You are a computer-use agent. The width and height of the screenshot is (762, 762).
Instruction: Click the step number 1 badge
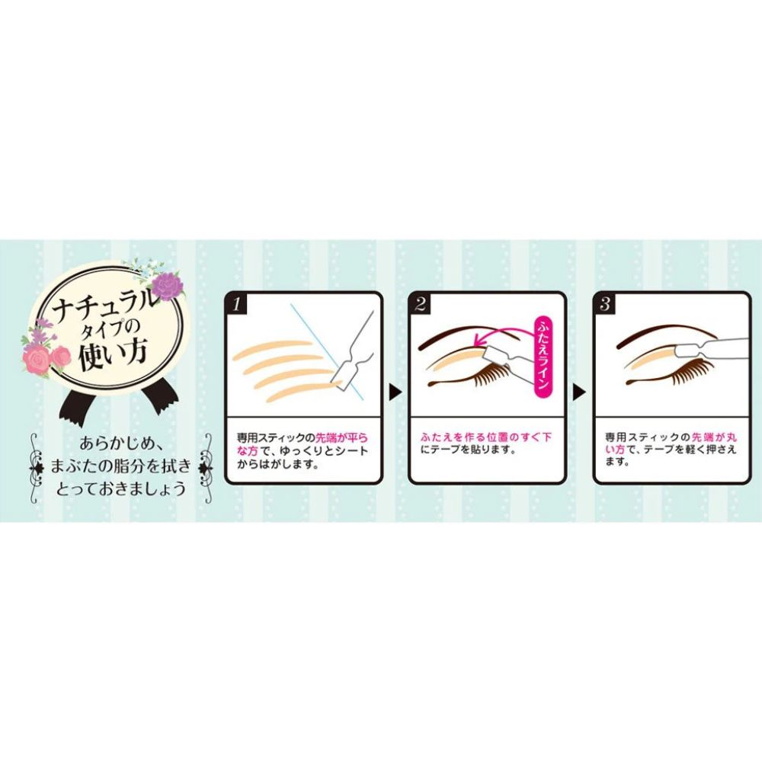236,304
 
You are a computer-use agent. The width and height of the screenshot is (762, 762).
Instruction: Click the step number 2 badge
421,304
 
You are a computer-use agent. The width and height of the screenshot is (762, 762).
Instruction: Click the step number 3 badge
605,304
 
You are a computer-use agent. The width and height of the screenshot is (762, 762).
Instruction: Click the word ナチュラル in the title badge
105,307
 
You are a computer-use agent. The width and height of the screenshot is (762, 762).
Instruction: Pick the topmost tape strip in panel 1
272,349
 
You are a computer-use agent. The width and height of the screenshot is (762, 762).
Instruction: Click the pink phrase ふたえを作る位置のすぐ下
485,437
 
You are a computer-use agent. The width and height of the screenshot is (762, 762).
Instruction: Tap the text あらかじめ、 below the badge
123,443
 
